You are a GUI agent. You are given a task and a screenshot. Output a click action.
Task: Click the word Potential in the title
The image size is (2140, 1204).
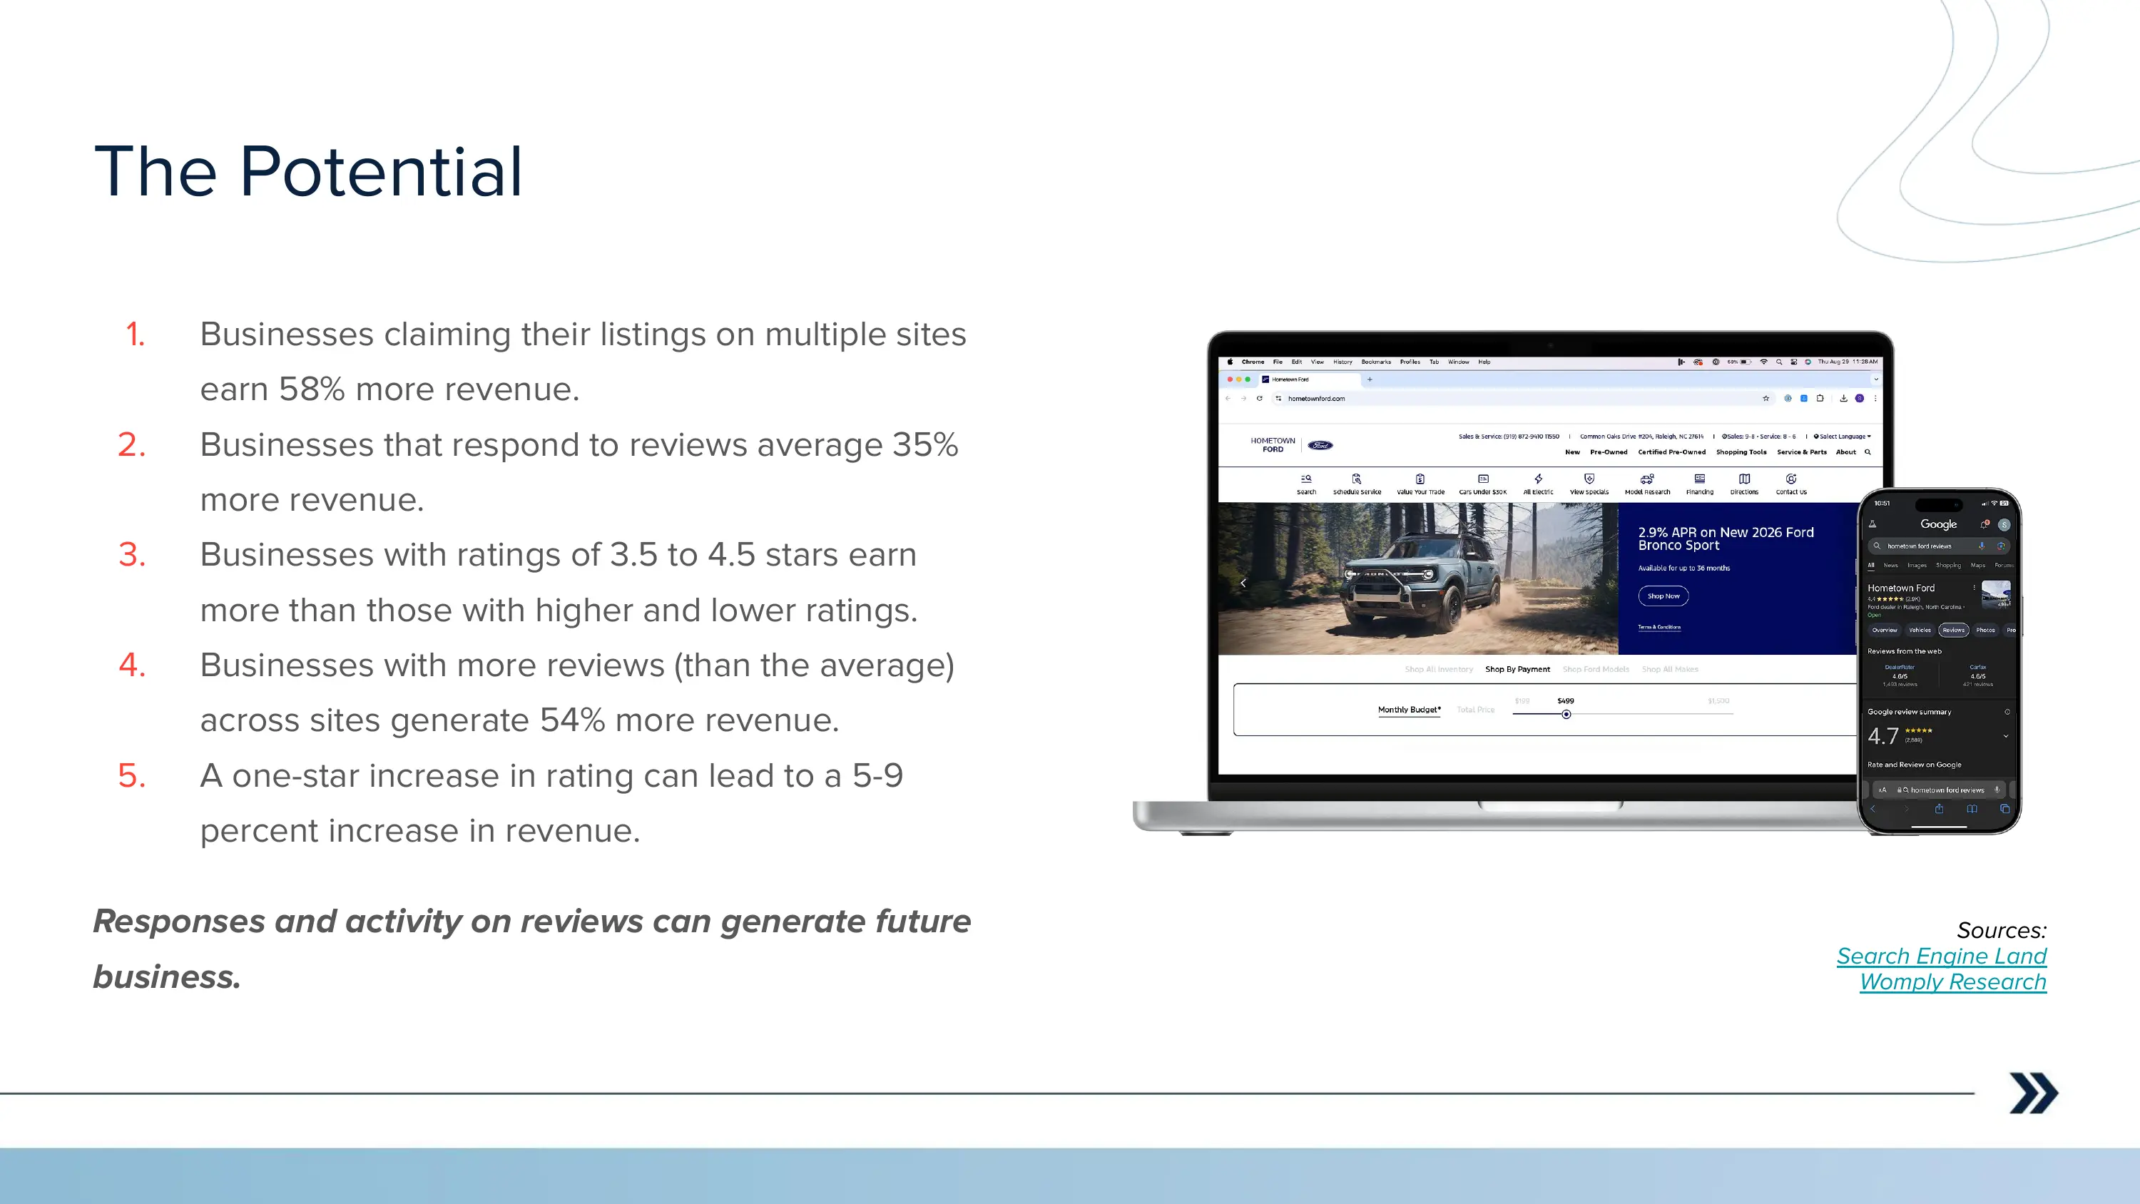coord(382,172)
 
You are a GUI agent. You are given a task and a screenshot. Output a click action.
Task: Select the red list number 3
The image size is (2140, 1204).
coord(132,555)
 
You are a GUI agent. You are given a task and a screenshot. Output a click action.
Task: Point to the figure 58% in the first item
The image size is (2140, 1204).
coord(312,389)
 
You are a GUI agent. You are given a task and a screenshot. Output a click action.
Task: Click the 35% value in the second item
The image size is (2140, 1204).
coord(924,445)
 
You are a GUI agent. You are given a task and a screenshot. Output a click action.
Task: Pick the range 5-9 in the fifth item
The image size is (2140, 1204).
coord(877,776)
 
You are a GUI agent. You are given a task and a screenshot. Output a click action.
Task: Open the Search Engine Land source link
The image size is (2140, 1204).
coord(1940,956)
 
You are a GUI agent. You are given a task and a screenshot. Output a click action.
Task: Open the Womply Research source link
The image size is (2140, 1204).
coord(1952,982)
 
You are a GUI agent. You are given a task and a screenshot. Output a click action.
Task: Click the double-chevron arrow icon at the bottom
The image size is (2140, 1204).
coord(2033,1093)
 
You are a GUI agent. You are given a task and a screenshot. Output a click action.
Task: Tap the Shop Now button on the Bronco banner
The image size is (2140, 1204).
coord(1663,596)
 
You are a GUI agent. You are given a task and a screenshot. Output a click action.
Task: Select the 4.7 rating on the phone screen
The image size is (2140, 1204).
coord(1882,736)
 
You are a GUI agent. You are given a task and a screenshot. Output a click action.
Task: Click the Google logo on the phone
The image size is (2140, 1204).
coord(1938,524)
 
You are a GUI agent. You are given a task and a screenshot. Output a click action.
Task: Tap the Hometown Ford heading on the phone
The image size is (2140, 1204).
coord(1901,588)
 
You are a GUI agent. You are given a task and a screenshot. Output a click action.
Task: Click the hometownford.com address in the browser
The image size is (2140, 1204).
coord(1316,399)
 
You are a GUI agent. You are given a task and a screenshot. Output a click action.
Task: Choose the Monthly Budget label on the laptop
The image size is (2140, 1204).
coord(1409,710)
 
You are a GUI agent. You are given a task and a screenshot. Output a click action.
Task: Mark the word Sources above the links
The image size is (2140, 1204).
coord(2000,931)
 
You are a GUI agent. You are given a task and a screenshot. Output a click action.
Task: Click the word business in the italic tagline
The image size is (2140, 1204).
coord(166,977)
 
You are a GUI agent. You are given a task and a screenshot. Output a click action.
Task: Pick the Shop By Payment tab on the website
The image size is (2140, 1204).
coord(1517,669)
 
